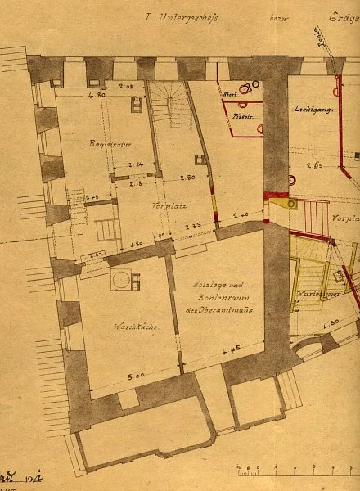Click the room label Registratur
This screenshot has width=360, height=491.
[110, 143]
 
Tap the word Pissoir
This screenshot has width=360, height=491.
[241, 115]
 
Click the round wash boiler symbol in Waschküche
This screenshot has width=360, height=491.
[122, 281]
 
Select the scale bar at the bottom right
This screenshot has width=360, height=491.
[295, 471]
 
